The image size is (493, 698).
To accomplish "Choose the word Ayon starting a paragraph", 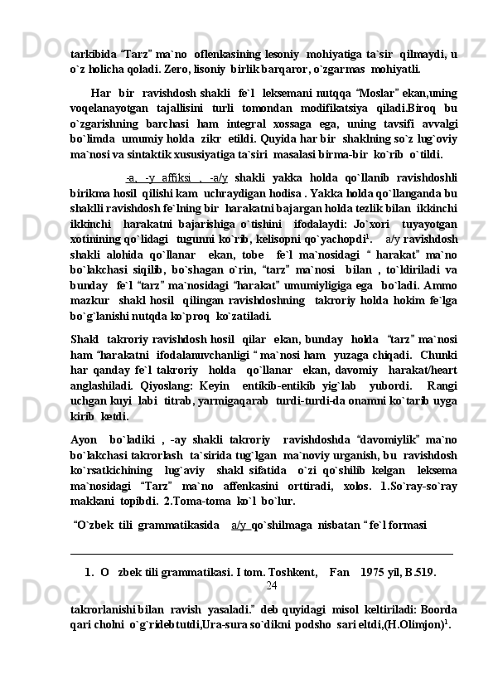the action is coord(85,442).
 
